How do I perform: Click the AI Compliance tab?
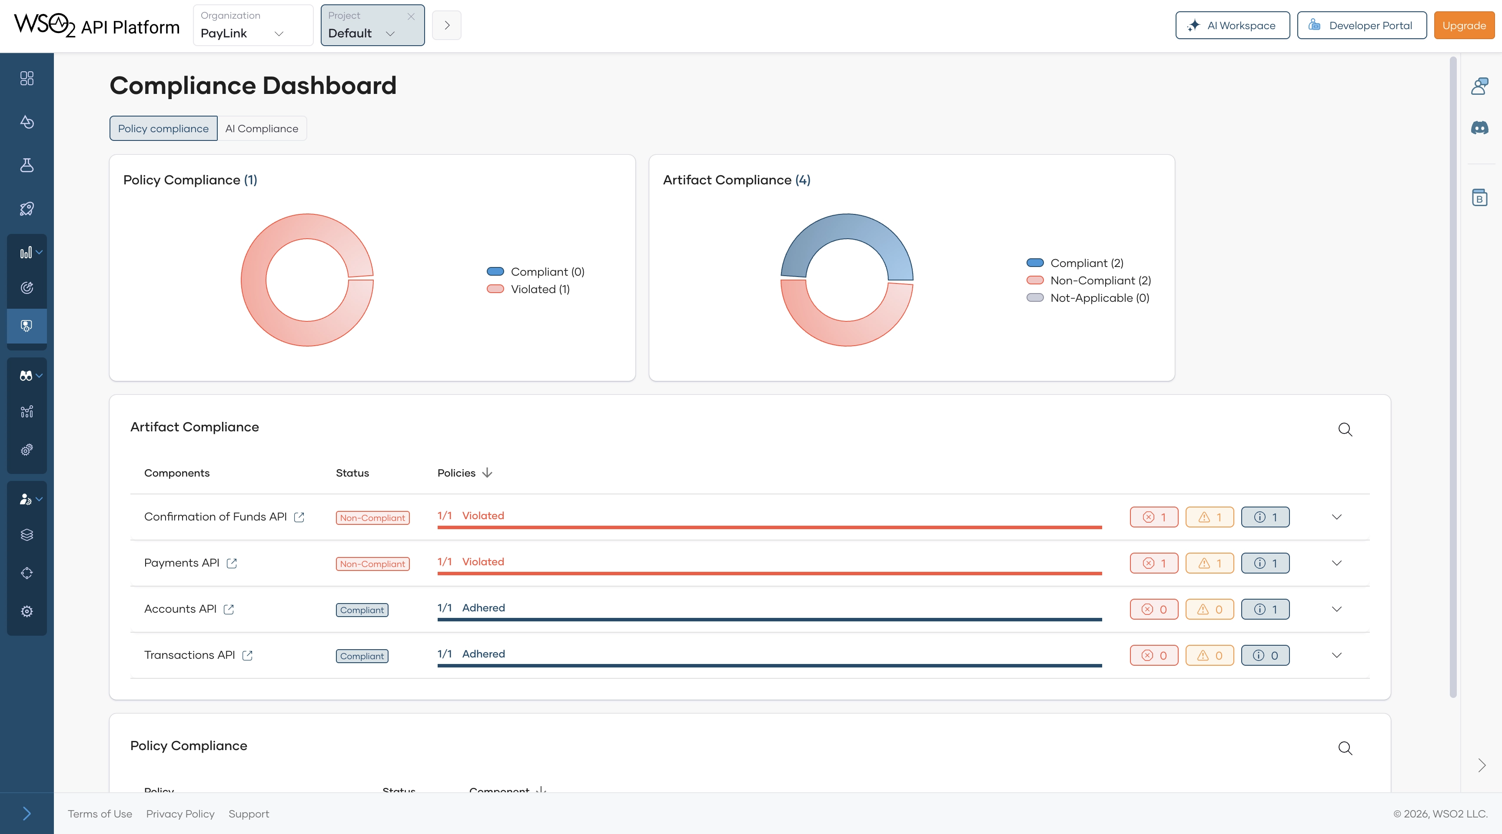(261, 128)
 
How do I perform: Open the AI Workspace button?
(1232, 25)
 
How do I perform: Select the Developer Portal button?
(1362, 25)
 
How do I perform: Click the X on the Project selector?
(411, 17)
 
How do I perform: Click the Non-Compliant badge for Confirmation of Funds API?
(372, 518)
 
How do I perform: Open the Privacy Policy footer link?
(180, 814)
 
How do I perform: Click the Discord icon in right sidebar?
(1479, 128)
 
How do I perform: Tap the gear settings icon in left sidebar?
(27, 611)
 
